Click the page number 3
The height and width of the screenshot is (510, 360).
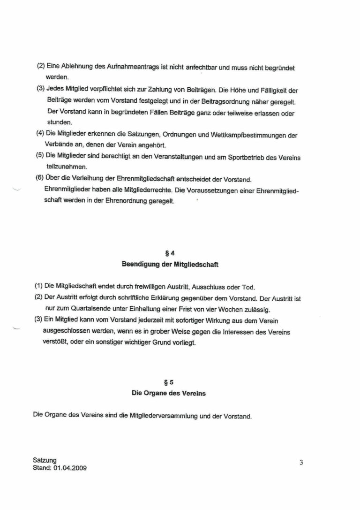coord(301,462)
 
